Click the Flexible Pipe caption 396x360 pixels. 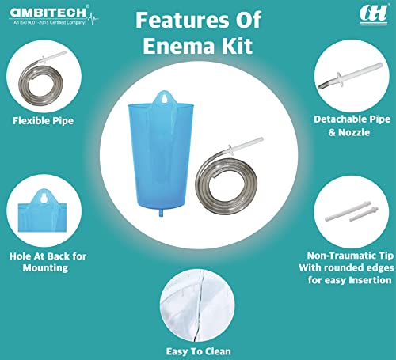pyautogui.click(x=44, y=121)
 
